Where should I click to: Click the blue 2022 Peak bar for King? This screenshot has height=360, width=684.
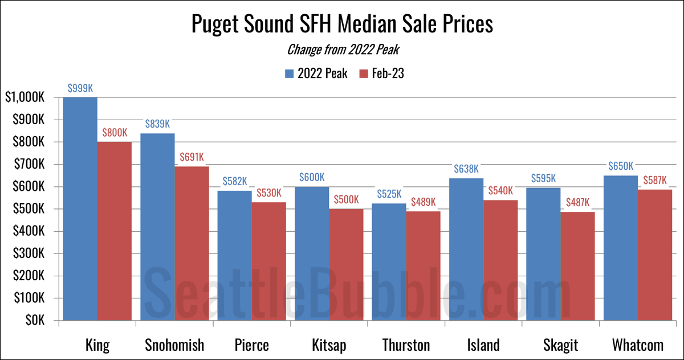point(80,208)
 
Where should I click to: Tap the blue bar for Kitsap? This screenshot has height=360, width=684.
point(312,253)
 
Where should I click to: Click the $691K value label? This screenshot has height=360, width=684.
point(192,157)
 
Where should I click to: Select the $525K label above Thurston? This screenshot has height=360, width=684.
point(389,194)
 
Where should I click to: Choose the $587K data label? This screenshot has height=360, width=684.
point(654,180)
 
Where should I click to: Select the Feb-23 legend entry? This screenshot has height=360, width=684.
point(382,73)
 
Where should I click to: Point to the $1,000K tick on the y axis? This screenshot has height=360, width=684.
point(24,98)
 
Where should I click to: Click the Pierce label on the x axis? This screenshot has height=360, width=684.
point(251,345)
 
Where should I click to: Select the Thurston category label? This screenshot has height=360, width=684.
point(406,345)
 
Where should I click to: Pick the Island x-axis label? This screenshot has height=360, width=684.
point(483,345)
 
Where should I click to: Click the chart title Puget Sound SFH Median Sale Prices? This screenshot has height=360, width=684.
point(342,26)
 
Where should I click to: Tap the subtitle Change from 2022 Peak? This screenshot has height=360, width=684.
point(342,50)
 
